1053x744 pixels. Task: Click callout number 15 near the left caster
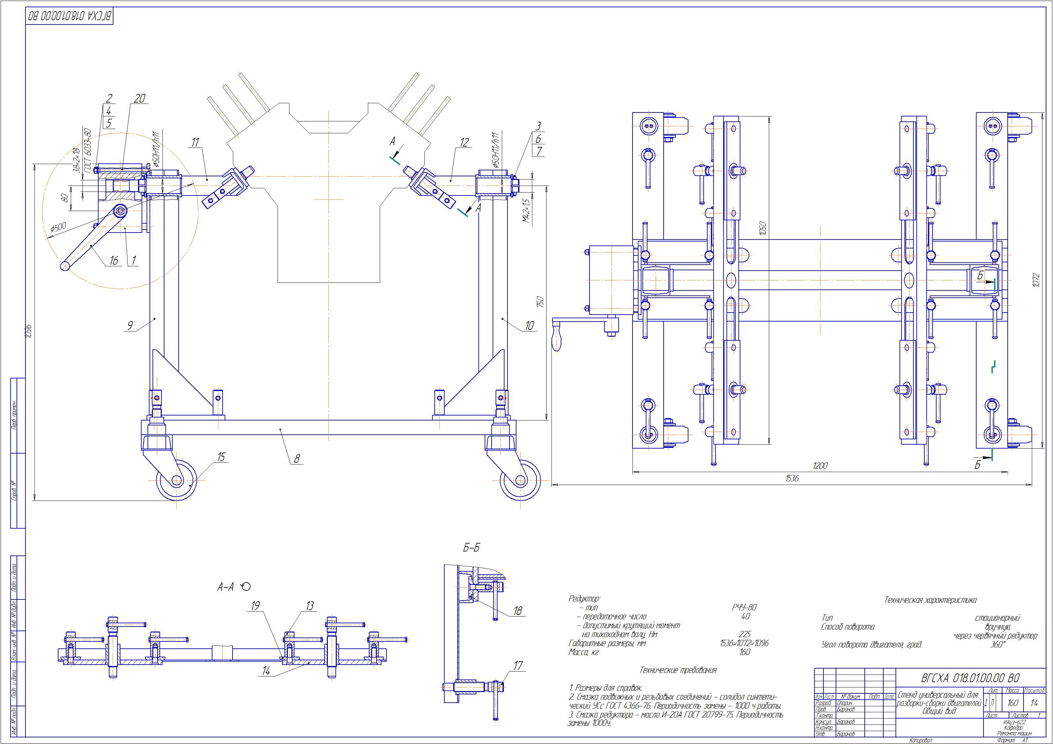pos(222,457)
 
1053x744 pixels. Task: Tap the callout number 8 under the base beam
pos(297,458)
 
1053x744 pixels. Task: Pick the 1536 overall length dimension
pos(792,478)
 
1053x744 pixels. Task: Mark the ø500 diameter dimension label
pos(58,228)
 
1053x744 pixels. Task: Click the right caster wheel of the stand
pos(520,480)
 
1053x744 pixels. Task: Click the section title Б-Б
pos(471,548)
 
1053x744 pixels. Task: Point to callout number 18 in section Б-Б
pos(518,611)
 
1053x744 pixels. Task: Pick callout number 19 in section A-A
pos(255,606)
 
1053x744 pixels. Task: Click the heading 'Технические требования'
pos(678,670)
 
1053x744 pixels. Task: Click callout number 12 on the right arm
pos(464,143)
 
